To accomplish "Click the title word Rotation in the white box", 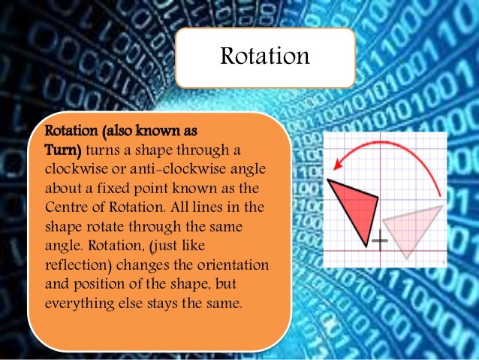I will click(x=264, y=56).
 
